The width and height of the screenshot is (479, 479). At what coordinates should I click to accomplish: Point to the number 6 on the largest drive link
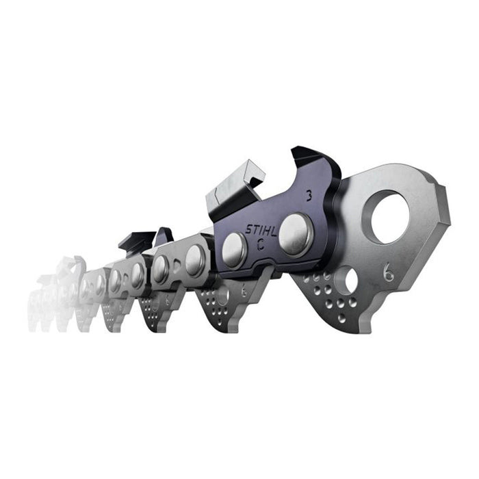(389, 274)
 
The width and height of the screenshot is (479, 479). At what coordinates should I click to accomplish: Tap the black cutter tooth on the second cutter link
(137, 241)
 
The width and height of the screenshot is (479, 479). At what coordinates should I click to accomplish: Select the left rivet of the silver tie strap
(161, 269)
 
